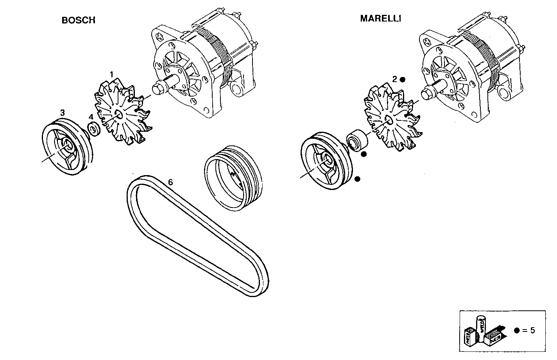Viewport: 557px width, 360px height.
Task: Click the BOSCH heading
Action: (78, 20)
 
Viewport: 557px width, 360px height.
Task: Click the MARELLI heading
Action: (380, 18)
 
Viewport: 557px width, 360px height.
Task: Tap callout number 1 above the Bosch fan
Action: (111, 74)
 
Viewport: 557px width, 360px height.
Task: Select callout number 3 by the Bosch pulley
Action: (62, 113)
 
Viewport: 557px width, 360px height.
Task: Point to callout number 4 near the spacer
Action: (91, 117)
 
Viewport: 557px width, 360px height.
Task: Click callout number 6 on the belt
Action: (170, 182)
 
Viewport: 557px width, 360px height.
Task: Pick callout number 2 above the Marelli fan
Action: (395, 79)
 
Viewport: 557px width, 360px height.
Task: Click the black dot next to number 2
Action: (403, 79)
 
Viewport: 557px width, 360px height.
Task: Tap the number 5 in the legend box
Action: (532, 330)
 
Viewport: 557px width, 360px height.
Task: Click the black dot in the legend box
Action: (517, 330)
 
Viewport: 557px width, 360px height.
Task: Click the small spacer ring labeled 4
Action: (94, 129)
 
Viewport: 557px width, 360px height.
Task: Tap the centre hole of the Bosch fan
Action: (118, 114)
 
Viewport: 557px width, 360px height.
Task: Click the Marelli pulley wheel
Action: (325, 162)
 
